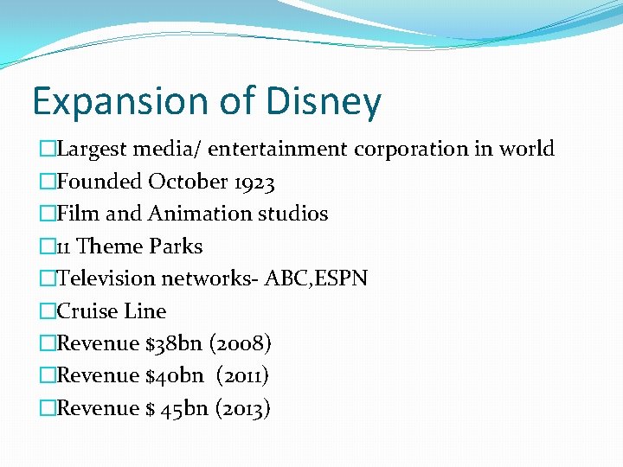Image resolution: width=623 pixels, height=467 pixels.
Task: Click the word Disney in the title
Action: pos(324,102)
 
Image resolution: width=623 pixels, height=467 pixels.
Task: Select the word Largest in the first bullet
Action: pos(93,149)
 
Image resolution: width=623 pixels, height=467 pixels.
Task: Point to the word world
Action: pos(527,149)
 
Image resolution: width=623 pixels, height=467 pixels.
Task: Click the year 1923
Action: pos(252,182)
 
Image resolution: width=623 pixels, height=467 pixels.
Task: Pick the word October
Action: pos(187,182)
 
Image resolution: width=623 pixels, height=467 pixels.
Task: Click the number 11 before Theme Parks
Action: pos(64,246)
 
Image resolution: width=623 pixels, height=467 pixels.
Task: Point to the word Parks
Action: pos(176,246)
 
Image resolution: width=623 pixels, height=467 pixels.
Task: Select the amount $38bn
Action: pos(173,343)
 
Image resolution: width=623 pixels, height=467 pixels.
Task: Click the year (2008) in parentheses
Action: pos(241,343)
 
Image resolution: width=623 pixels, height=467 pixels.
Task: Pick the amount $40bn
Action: pos(174,375)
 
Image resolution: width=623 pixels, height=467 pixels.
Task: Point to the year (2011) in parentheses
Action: pos(243,375)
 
